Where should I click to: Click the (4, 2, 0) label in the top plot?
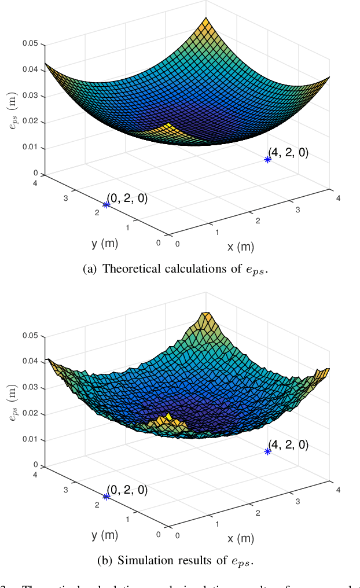coord(288,153)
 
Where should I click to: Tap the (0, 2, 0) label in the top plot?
coord(127,198)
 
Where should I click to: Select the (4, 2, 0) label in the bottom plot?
coord(288,445)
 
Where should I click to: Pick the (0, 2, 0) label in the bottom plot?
coord(127,490)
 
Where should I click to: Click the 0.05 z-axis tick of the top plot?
coord(30,43)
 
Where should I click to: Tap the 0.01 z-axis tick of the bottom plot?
coord(30,439)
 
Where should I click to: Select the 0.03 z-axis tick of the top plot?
coord(30,95)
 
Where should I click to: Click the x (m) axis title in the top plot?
coord(240,247)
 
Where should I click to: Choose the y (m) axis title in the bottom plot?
coord(105,535)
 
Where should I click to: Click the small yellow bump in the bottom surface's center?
coord(168,418)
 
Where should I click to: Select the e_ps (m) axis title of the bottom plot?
coord(13,400)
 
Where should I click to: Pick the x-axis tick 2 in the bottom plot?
coord(258,512)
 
